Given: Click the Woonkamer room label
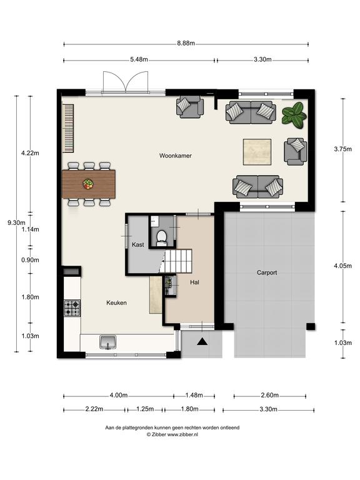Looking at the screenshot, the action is click(176, 156).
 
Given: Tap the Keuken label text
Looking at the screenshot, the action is click(116, 302).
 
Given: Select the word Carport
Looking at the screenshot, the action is click(267, 272).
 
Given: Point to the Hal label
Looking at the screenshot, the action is click(195, 282).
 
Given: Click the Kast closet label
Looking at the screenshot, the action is click(137, 244).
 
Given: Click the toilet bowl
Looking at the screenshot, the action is click(161, 238).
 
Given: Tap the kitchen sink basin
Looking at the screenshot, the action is click(107, 342).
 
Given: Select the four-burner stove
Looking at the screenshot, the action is click(72, 308).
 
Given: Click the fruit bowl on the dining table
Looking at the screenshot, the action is click(88, 184).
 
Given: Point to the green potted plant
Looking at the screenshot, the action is click(294, 115).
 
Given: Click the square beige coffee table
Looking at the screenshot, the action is click(257, 152).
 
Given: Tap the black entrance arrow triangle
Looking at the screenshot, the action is click(202, 341).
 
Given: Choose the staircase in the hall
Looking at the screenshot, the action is click(178, 261).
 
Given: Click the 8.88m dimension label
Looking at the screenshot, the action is click(186, 43).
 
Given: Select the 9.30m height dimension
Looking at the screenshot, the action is click(16, 223).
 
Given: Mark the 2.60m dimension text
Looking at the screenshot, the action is click(270, 395).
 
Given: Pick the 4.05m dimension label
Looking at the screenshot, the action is click(343, 266).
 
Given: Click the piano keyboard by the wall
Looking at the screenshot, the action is click(68, 128).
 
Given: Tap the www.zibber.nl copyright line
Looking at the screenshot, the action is click(172, 434).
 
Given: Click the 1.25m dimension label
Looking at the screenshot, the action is click(145, 409).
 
